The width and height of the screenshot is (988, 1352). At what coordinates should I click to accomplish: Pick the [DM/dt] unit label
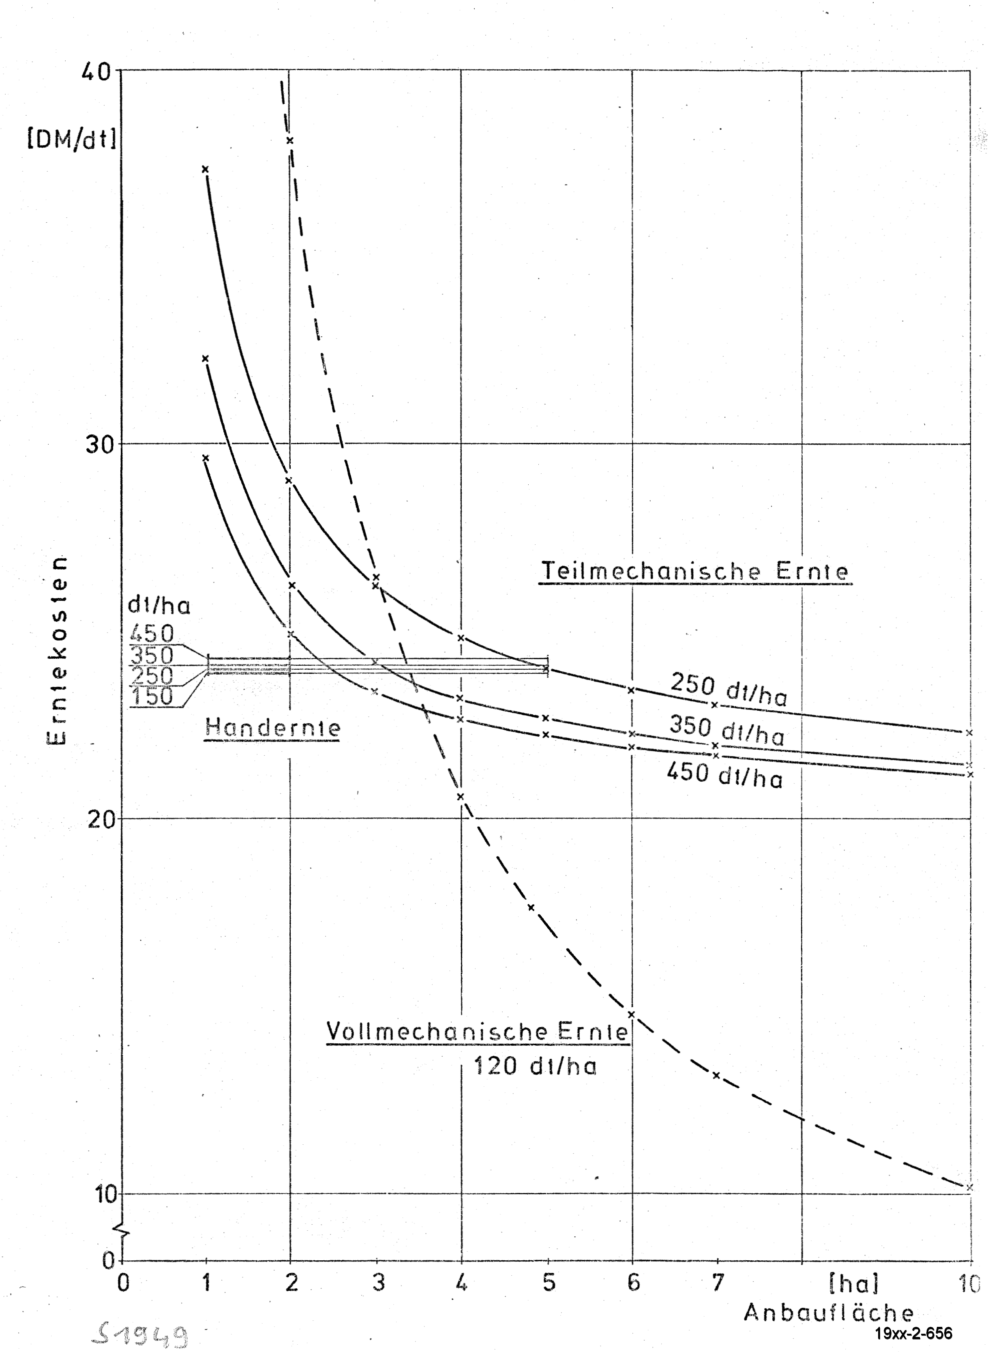click(72, 140)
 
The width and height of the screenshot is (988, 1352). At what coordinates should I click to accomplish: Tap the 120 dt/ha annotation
click(535, 1066)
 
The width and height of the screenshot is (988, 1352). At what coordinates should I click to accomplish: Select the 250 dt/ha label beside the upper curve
click(729, 689)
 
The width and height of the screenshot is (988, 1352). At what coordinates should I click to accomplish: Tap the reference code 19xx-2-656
click(913, 1333)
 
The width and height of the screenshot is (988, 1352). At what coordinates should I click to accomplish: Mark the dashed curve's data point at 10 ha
click(969, 1187)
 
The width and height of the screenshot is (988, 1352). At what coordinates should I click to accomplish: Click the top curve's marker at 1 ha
click(205, 169)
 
